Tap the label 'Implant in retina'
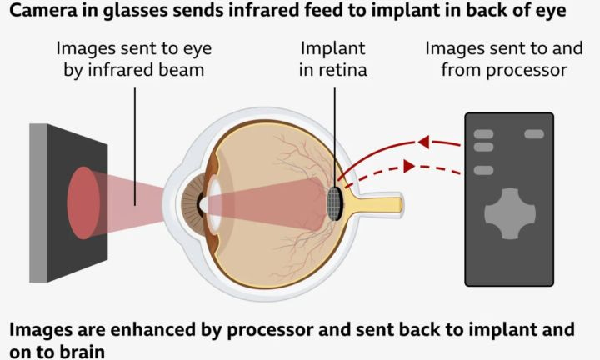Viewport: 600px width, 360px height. pos(333,58)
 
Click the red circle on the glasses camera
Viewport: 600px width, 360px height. pos(82,202)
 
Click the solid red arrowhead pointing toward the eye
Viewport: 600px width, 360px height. pos(422,142)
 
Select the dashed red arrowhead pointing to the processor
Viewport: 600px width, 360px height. pos(409,167)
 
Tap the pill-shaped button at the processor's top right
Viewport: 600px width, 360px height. pos(534,134)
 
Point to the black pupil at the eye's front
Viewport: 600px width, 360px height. pos(201,202)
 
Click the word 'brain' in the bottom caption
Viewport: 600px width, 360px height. pos(86,351)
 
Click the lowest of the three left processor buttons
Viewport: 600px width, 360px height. pos(483,170)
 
